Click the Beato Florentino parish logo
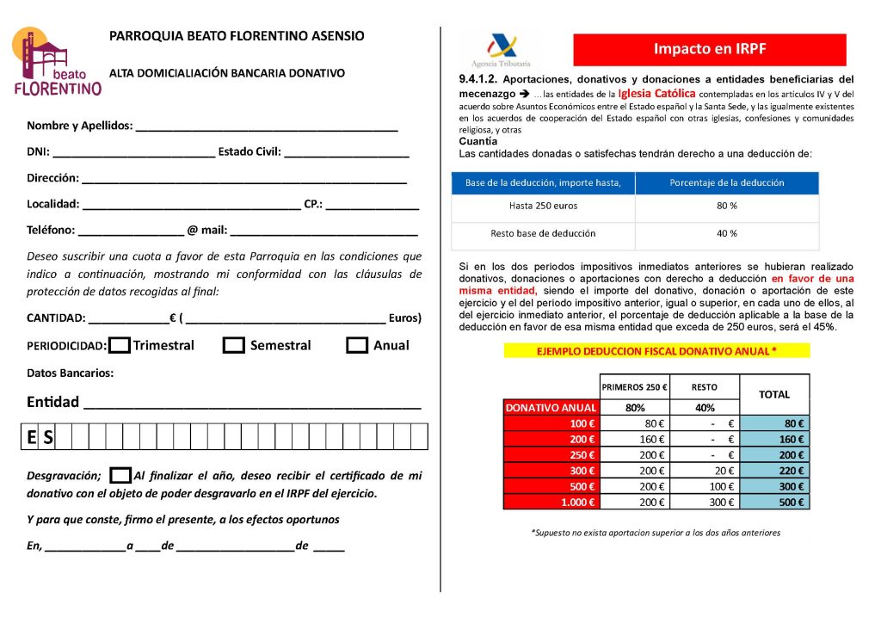tap(57, 62)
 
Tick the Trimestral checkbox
tap(120, 345)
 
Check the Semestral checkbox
tap(234, 345)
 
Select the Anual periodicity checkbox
tap(357, 345)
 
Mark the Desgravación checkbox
tap(121, 475)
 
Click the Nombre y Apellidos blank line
tap(267, 127)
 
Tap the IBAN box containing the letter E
tap(31, 437)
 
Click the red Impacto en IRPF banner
tap(709, 49)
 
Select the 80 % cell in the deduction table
tap(727, 207)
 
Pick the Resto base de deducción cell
tap(543, 233)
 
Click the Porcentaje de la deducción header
tap(727, 182)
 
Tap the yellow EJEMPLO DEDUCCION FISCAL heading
tap(656, 351)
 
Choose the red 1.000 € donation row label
tap(550, 502)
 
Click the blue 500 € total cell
tap(774, 502)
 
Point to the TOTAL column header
tap(774, 394)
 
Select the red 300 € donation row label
tap(550, 471)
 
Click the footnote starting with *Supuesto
tap(656, 533)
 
